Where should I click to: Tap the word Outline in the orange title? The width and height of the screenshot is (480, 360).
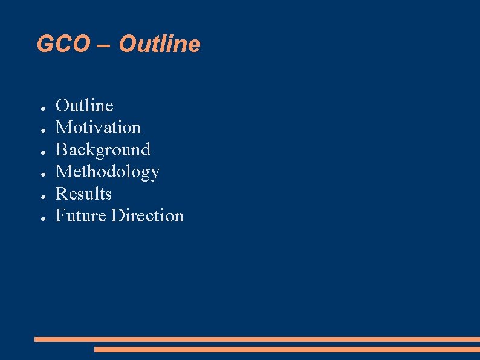(160, 44)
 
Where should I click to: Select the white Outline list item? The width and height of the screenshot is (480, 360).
(85, 105)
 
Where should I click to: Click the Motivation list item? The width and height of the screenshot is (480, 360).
(98, 127)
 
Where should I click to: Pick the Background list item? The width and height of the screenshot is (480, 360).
(103, 149)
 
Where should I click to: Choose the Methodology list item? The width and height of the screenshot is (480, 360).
(108, 172)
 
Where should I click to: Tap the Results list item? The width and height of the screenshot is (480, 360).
(83, 194)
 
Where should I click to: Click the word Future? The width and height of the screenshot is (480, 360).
(81, 215)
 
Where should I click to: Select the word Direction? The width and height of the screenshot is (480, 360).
(147, 215)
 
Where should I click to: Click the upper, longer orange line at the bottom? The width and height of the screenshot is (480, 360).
(257, 339)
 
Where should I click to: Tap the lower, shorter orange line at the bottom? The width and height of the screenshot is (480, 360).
(287, 349)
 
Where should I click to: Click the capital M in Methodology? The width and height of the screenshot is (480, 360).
(63, 172)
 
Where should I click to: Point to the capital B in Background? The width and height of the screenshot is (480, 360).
(62, 149)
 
